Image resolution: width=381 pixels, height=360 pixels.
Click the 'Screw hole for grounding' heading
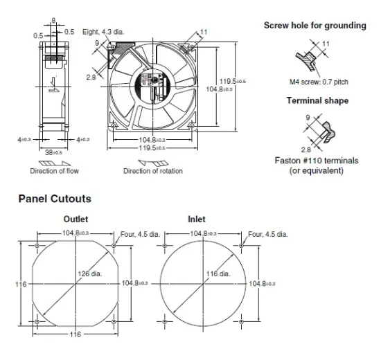click(315, 26)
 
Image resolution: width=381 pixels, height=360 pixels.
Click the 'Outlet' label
click(76, 219)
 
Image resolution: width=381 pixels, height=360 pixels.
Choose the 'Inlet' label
click(197, 219)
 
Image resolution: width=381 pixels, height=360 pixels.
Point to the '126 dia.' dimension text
click(92, 273)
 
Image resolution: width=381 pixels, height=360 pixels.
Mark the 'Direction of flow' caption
click(53, 170)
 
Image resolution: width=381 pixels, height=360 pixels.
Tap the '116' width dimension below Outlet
click(75, 334)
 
